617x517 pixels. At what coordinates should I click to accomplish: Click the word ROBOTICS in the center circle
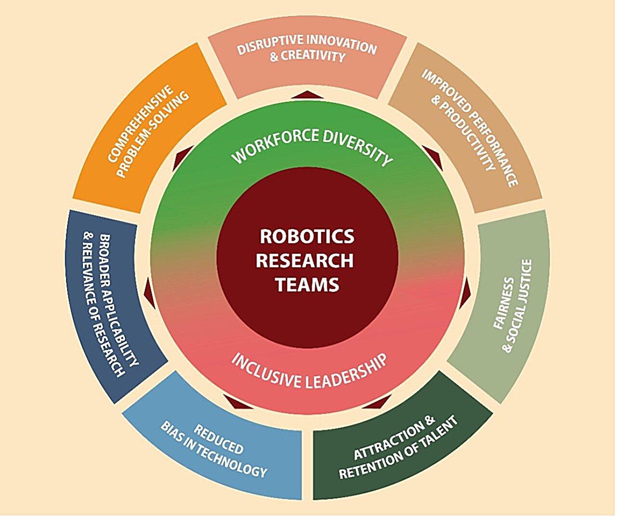click(x=307, y=237)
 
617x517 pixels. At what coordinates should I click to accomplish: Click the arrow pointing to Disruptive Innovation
click(x=308, y=94)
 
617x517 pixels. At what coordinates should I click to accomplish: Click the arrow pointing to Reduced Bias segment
click(x=236, y=401)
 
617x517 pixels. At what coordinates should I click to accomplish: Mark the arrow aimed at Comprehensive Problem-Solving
click(x=185, y=158)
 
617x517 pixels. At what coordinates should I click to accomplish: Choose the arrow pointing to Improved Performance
click(x=432, y=158)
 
